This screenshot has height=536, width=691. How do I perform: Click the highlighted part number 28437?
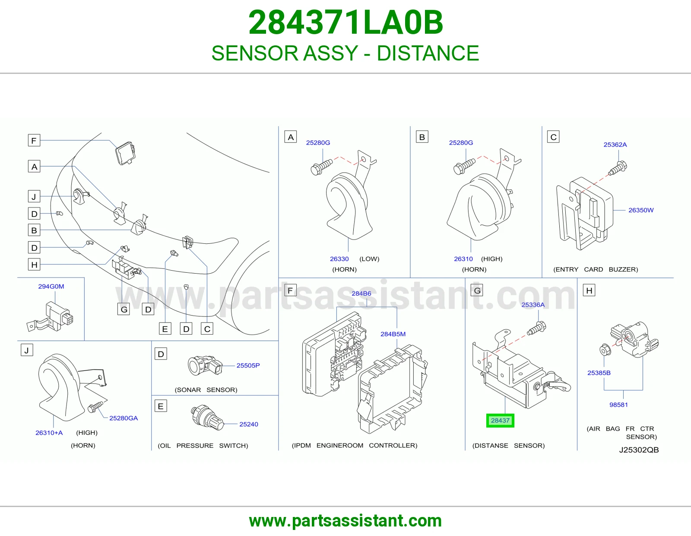tap(500, 421)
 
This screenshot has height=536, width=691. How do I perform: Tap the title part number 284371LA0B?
tap(345, 22)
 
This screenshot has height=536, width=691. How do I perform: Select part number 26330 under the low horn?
tap(339, 259)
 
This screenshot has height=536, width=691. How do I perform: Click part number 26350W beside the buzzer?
tap(641, 210)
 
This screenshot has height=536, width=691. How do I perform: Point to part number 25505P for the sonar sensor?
tap(248, 365)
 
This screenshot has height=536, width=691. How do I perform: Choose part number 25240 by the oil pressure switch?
tap(249, 424)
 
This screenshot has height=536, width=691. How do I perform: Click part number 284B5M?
tap(393, 334)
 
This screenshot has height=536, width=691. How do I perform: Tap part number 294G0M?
tap(51, 286)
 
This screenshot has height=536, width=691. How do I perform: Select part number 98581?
tap(618, 405)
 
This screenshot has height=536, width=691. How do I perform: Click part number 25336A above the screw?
tap(533, 305)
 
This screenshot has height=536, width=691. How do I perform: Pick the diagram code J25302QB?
tap(639, 450)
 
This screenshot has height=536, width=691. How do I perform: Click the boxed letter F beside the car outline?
tap(34, 140)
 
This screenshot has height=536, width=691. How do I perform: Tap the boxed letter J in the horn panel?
tap(27, 350)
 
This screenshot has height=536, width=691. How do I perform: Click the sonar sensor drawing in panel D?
tap(205, 366)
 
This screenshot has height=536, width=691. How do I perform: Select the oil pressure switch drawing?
tap(207, 418)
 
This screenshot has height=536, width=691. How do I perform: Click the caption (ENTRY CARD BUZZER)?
tap(596, 269)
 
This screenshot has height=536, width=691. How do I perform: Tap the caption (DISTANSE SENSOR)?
tap(508, 445)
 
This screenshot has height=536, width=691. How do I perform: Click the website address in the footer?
tap(345, 521)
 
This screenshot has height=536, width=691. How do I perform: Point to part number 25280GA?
tap(124, 418)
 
